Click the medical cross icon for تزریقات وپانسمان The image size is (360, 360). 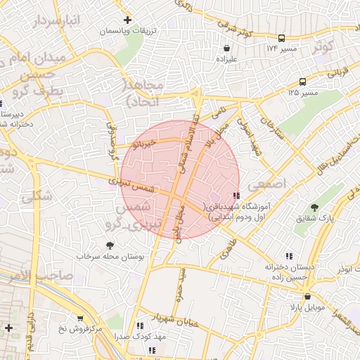[127, 20]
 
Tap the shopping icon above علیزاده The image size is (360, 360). [226, 49]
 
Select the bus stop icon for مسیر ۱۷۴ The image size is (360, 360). [281, 38]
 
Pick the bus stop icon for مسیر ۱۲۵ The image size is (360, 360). [302, 81]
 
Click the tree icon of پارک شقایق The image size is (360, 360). [316, 207]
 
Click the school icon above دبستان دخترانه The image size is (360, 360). [288, 257]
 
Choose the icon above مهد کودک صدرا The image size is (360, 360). [139, 326]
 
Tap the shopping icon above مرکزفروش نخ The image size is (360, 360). [80, 318]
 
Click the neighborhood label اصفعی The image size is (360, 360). [273, 182]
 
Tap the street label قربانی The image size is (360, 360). [337, 70]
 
